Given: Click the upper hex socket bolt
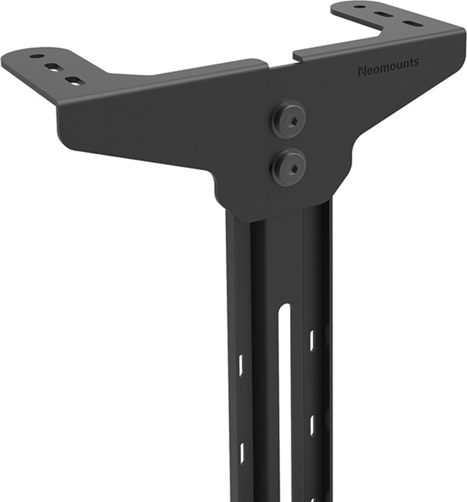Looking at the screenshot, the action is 289,120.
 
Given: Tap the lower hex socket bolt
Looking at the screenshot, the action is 288,167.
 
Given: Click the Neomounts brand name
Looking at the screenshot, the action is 388,67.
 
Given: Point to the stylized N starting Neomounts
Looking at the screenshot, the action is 361,72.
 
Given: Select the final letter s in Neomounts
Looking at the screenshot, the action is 416,62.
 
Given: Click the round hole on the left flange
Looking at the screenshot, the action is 37,56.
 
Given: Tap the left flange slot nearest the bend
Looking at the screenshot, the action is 75,81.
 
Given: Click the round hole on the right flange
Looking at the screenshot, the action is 360,6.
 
